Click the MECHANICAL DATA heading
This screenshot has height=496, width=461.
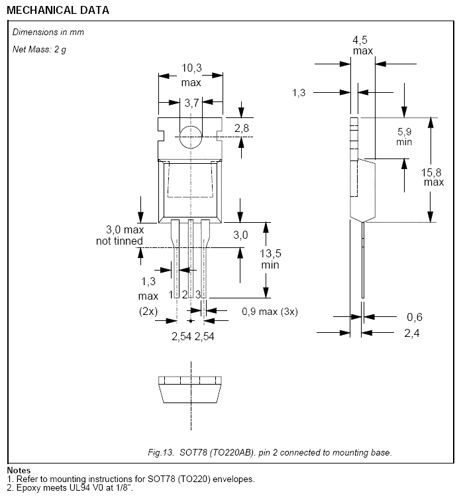point(58,10)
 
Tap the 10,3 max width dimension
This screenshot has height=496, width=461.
point(191,75)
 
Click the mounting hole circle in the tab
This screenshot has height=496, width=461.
point(191,137)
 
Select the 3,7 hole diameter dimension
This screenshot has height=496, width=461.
point(191,103)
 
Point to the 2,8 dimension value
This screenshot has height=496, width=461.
point(241,128)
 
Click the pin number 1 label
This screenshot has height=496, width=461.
point(171,294)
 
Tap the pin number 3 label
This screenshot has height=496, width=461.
point(198,294)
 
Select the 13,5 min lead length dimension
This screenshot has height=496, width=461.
point(270,259)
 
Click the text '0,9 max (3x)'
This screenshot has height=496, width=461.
point(270,312)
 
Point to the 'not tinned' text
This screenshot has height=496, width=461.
point(119,241)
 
